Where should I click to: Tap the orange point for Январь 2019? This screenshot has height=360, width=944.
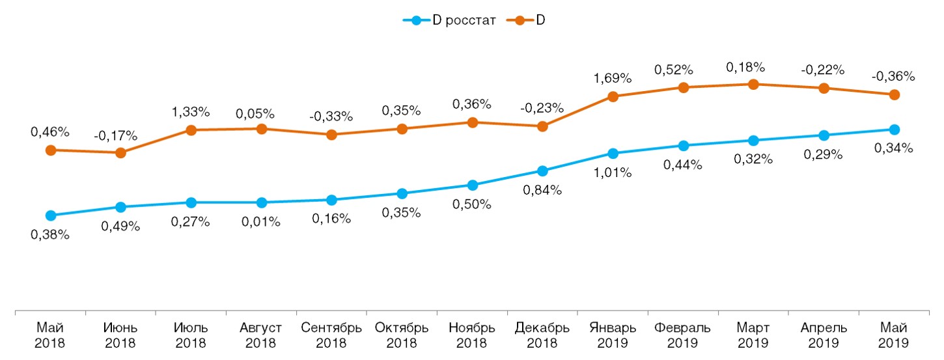613,96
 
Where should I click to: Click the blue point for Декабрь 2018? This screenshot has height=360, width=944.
542,171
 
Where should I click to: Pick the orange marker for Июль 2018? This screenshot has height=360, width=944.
191,130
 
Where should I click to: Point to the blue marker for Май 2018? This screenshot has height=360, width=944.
50,215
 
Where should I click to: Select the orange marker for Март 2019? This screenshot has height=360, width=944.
753,84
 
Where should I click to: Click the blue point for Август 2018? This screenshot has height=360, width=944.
261,202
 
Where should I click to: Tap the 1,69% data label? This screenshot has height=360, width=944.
613,79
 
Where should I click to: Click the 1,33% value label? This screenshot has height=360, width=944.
191,112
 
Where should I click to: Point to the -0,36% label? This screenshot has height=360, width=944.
895,76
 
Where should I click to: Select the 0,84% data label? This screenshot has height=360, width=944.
543,190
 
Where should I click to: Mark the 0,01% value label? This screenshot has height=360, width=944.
261,222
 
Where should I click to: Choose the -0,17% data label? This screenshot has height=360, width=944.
120,135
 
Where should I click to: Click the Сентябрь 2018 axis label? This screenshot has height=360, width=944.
331,335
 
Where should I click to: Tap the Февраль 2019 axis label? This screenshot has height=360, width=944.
683,335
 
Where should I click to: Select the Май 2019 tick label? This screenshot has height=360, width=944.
894,335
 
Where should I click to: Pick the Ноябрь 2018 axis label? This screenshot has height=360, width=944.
472,335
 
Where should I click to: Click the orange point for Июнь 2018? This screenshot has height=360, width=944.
120,153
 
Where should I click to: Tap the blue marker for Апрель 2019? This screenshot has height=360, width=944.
824,135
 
